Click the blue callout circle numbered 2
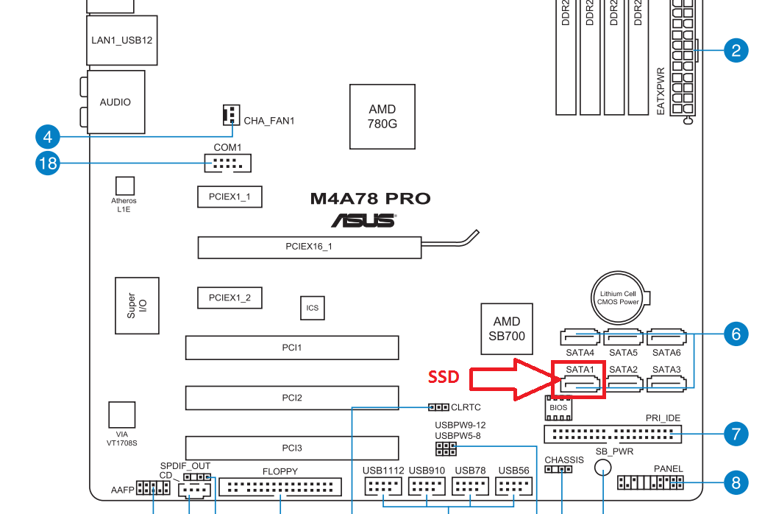pos(736,50)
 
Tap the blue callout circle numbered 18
pos(48,163)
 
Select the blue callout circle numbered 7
pos(736,434)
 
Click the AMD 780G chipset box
pos(382,116)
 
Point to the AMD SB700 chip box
pos(507,328)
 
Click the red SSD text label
pos(444,377)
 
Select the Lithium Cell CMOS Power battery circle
pos(618,298)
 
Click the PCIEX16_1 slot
pos(310,247)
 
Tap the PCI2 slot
pos(292,398)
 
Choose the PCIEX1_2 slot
pos(229,298)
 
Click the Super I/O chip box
pos(137,306)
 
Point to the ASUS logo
pos(364,221)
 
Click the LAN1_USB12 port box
pos(122,41)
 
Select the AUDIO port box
pos(115,102)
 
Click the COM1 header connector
pos(228,163)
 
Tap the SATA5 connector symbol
pos(623,337)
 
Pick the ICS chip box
pos(313,308)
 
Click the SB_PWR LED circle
pos(603,467)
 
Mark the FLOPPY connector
pos(280,487)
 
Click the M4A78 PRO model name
pos(370,199)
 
